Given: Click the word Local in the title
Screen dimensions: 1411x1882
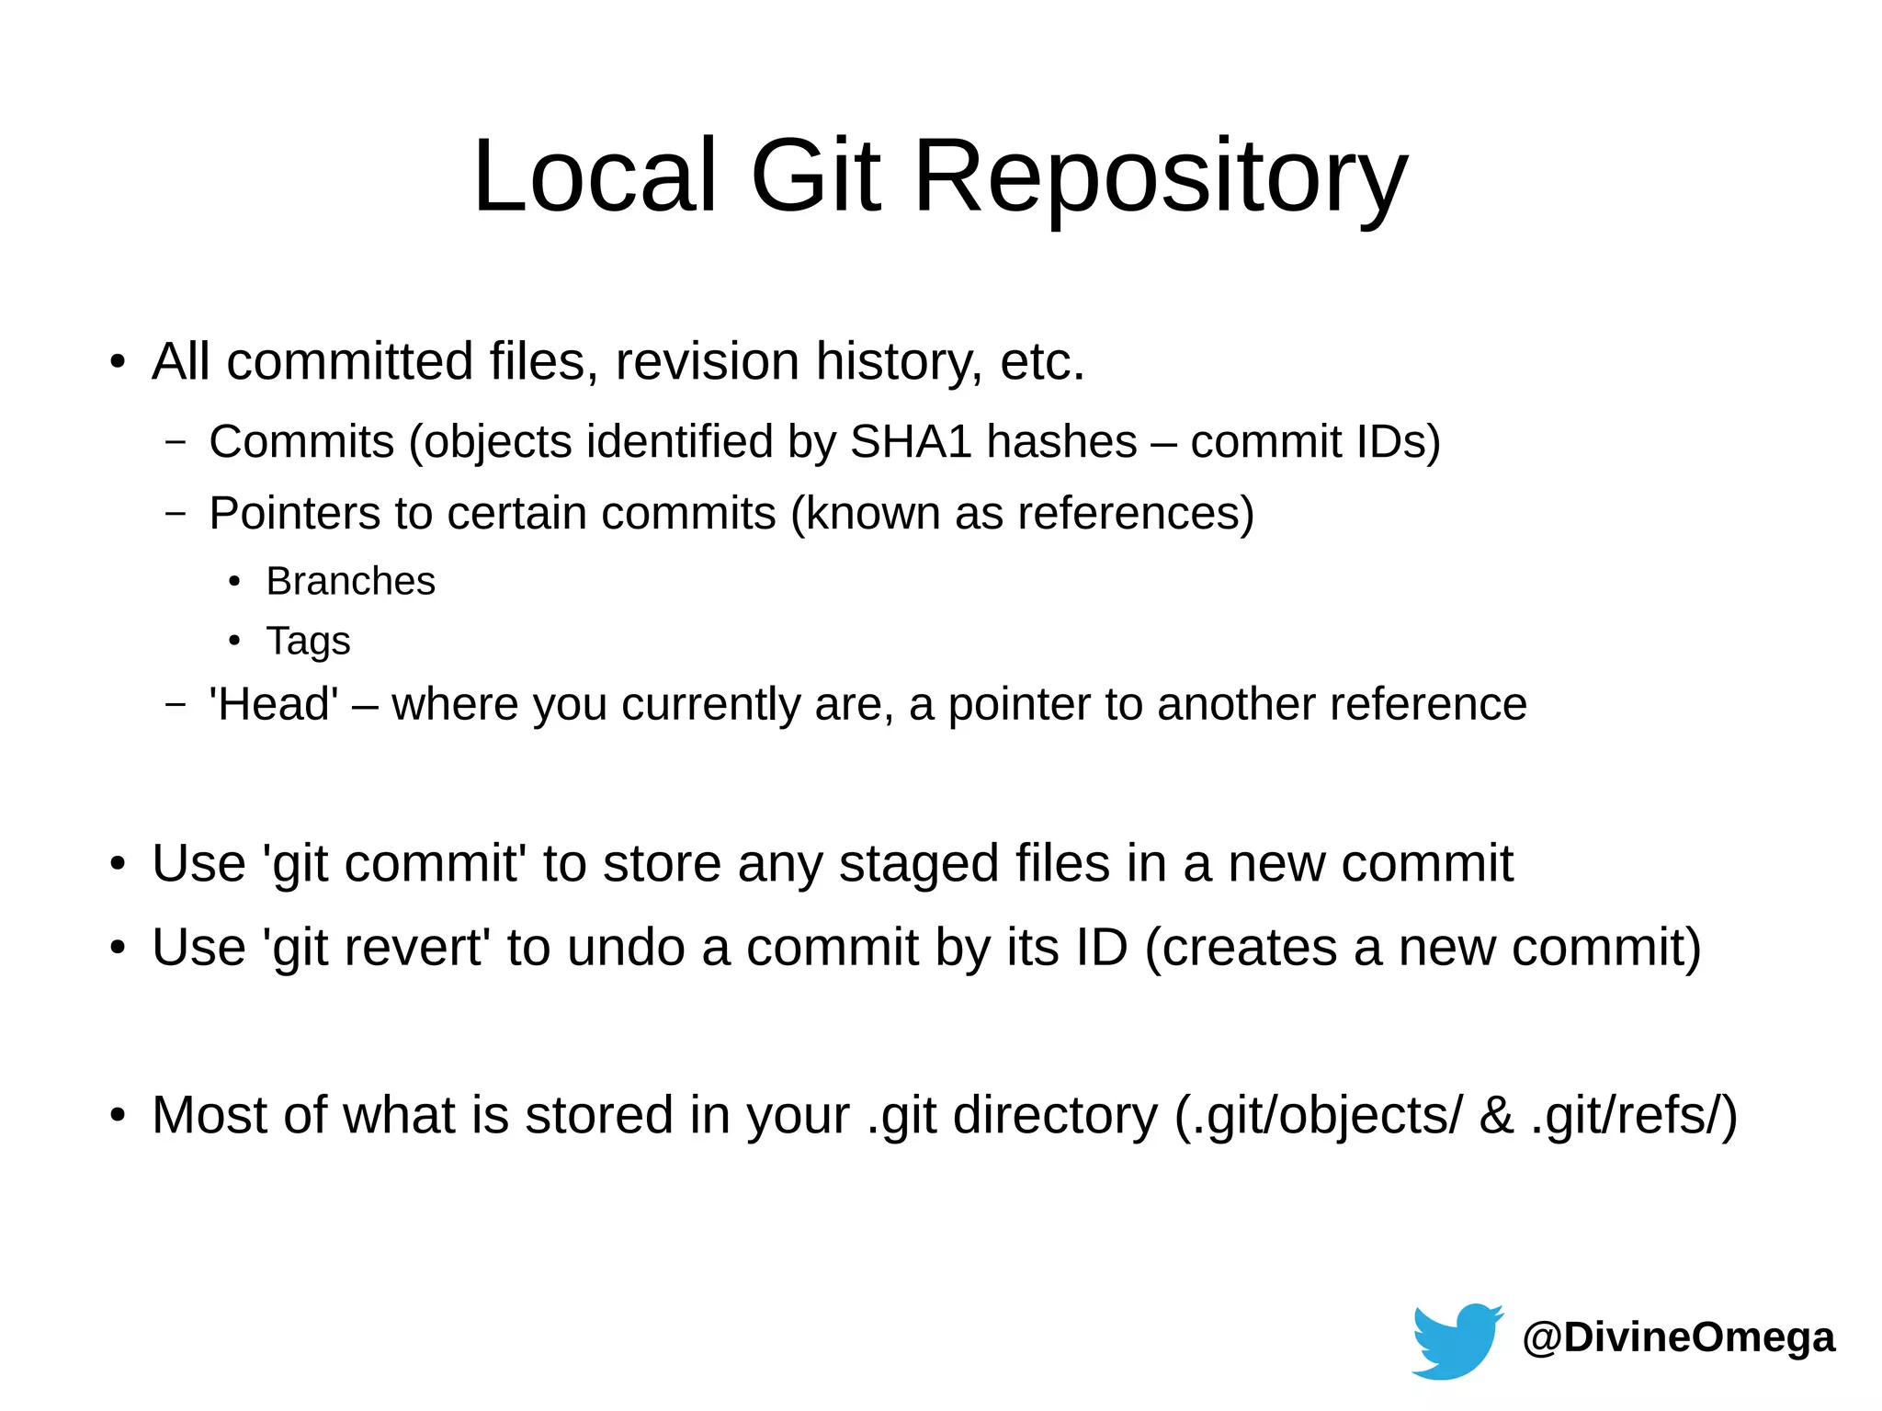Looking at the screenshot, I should coord(594,176).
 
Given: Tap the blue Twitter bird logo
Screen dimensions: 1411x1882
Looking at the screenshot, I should coord(1456,1339).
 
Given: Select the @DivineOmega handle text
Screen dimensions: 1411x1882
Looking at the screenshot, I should coord(1678,1337).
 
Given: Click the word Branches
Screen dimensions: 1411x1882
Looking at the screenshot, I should coord(350,581).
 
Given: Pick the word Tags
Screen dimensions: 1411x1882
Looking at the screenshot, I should coord(308,641).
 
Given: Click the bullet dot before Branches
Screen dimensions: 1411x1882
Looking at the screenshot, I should coord(234,582).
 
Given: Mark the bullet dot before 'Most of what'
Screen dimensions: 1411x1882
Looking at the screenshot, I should coord(117,1115).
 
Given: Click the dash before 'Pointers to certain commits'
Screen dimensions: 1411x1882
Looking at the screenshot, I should coord(175,513).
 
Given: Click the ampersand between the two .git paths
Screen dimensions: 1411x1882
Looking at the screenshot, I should coord(1496,1115).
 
